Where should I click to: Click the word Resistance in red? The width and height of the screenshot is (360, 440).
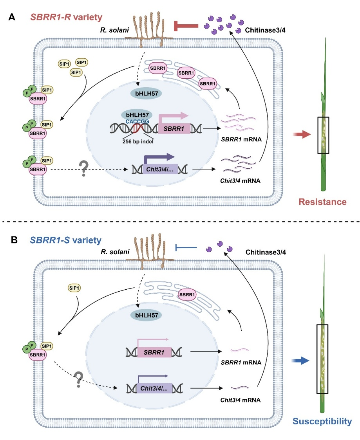(x=323, y=202)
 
